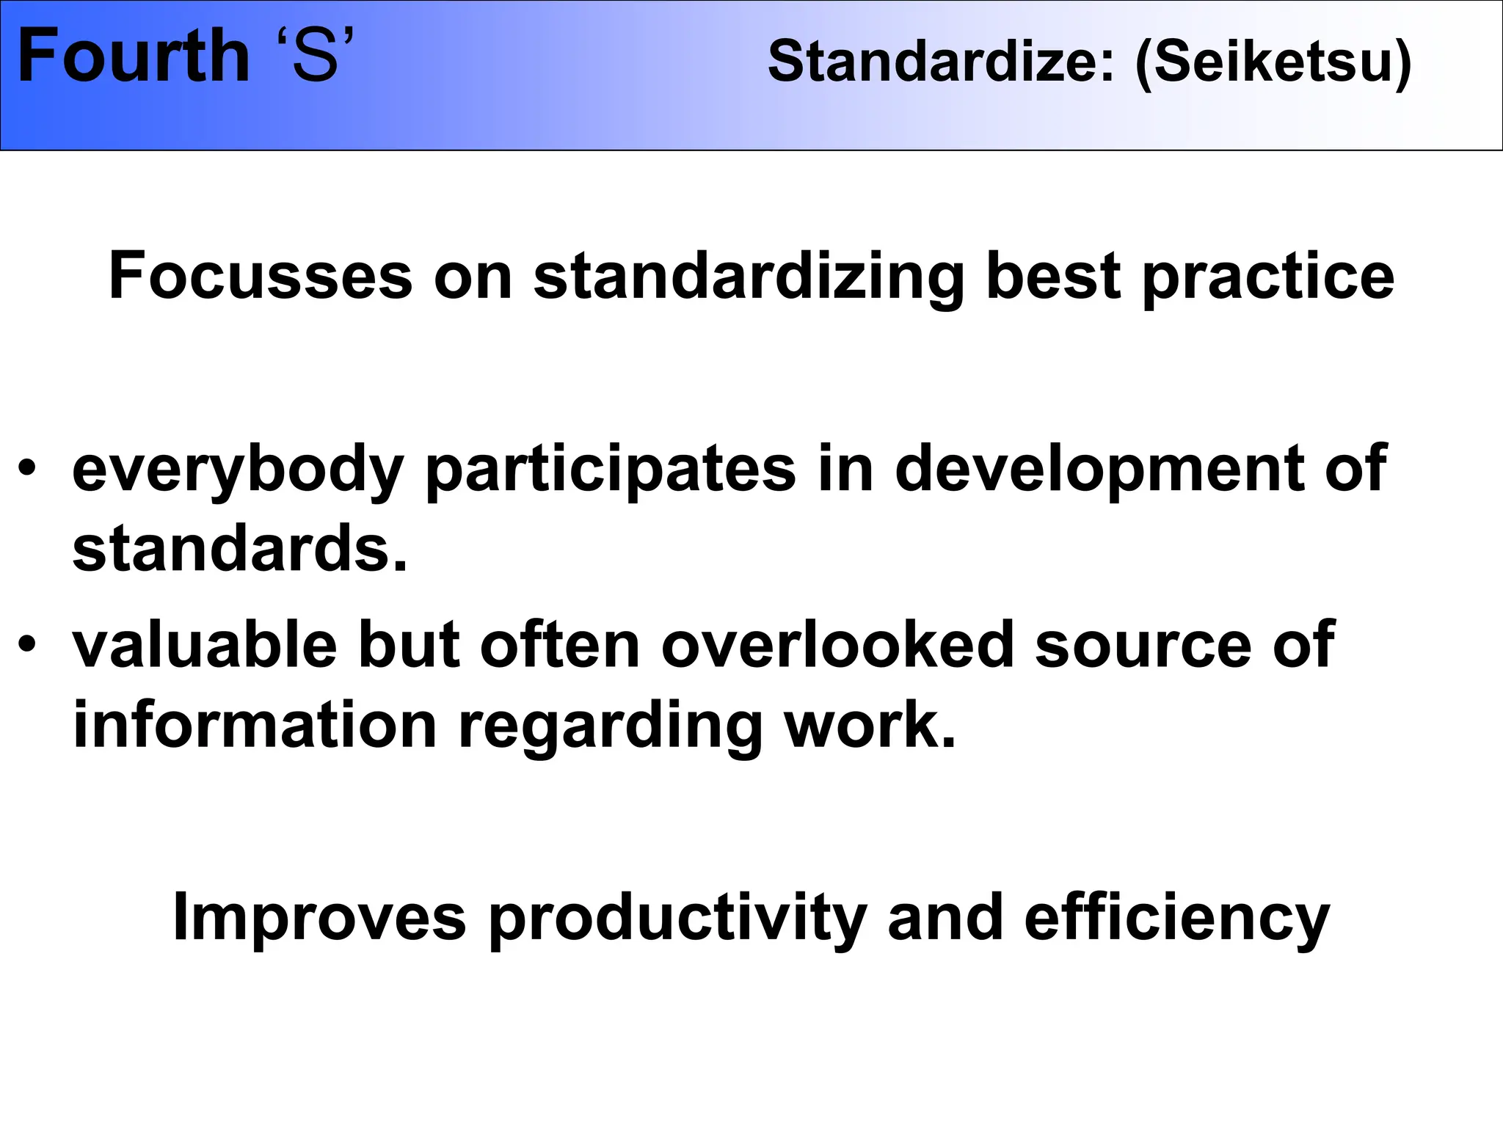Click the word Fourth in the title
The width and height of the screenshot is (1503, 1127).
[134, 57]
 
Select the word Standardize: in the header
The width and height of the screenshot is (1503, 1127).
[941, 62]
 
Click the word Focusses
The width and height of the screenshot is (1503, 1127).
[261, 277]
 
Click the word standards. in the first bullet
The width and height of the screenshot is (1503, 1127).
[239, 550]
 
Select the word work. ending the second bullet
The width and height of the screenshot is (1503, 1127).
[870, 726]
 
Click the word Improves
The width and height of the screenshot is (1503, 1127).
[319, 919]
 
